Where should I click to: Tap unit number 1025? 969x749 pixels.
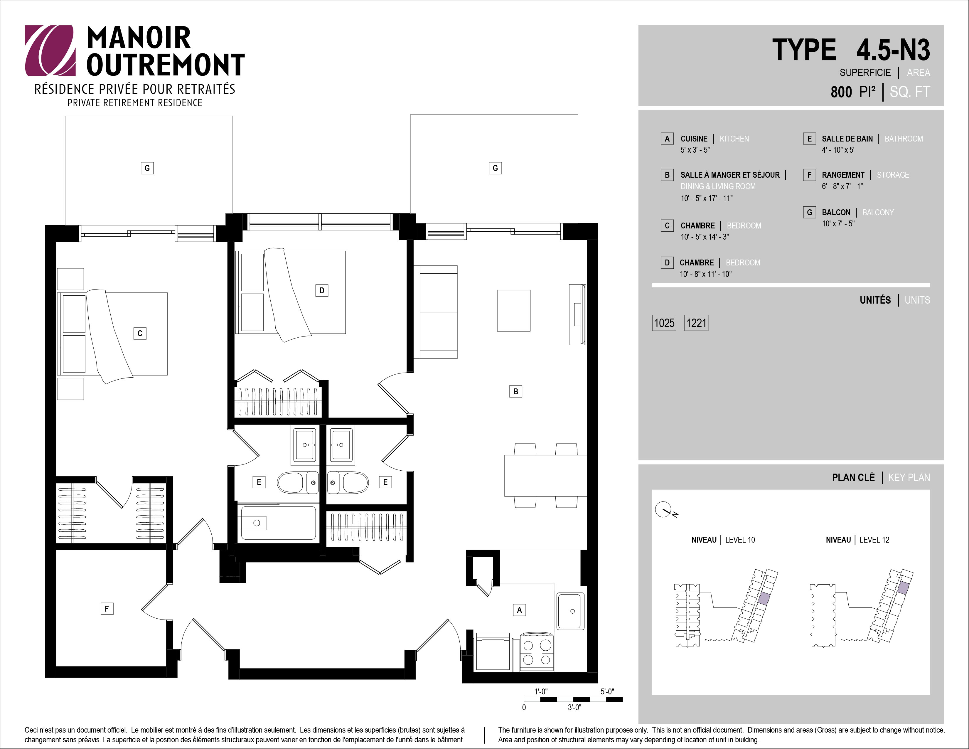[x=664, y=323]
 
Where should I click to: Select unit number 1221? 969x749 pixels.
[x=696, y=323]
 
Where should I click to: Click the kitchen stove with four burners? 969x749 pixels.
[x=536, y=652]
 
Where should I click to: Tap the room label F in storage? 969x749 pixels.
[x=107, y=608]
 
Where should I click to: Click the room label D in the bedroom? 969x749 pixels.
[x=322, y=291]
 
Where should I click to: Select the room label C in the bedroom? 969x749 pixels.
[x=140, y=333]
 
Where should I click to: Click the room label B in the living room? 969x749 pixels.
[x=515, y=391]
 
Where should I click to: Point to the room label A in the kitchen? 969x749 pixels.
[x=519, y=610]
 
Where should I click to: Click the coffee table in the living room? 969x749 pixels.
[x=513, y=311]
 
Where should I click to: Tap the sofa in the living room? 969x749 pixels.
[x=435, y=312]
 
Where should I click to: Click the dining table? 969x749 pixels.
[x=545, y=476]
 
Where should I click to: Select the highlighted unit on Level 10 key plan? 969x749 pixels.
[x=764, y=598]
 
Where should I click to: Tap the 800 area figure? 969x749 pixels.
[x=841, y=92]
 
